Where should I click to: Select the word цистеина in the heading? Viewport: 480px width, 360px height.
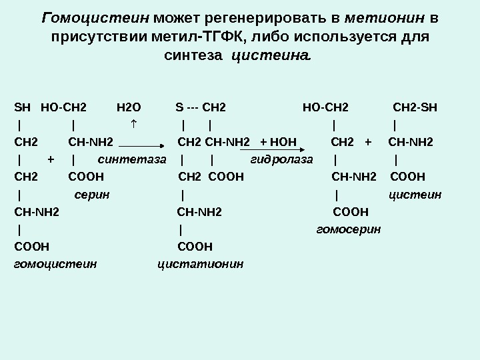point(271,57)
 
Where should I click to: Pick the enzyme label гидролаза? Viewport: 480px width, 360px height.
point(281,159)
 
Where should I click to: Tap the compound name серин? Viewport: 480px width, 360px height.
point(92,194)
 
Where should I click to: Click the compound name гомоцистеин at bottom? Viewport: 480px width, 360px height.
point(55,264)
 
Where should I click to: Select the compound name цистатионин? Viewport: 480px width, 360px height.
point(201,264)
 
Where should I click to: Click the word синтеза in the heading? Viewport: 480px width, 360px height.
point(193,57)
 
